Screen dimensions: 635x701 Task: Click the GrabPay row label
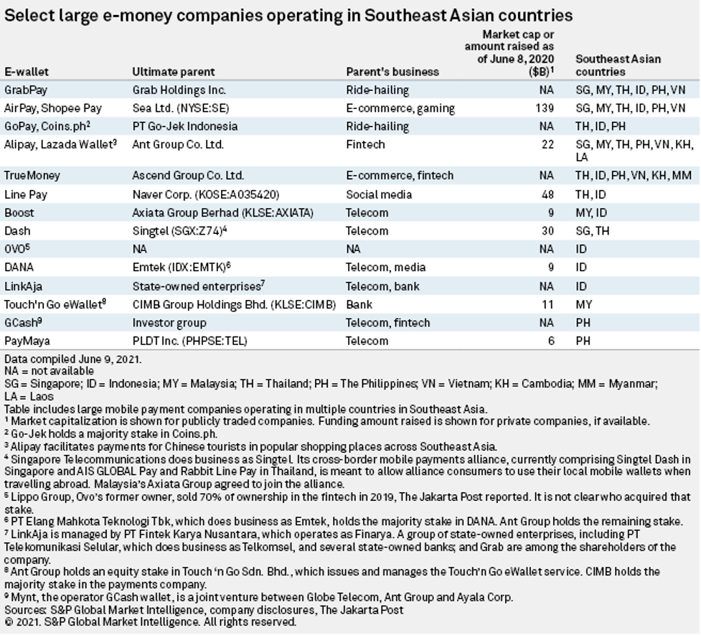point(27,90)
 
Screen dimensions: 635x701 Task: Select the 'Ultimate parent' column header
point(173,72)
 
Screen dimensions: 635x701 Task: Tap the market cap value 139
point(545,108)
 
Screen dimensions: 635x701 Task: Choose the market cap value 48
point(547,194)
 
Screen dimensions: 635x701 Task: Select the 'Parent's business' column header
point(392,72)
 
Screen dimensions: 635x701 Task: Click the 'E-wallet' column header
point(27,72)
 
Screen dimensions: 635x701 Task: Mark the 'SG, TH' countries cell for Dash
point(593,231)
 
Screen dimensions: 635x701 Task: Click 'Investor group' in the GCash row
point(169,323)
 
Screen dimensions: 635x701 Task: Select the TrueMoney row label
point(32,175)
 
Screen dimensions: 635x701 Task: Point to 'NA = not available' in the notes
point(49,371)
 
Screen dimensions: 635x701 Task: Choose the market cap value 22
point(547,144)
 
